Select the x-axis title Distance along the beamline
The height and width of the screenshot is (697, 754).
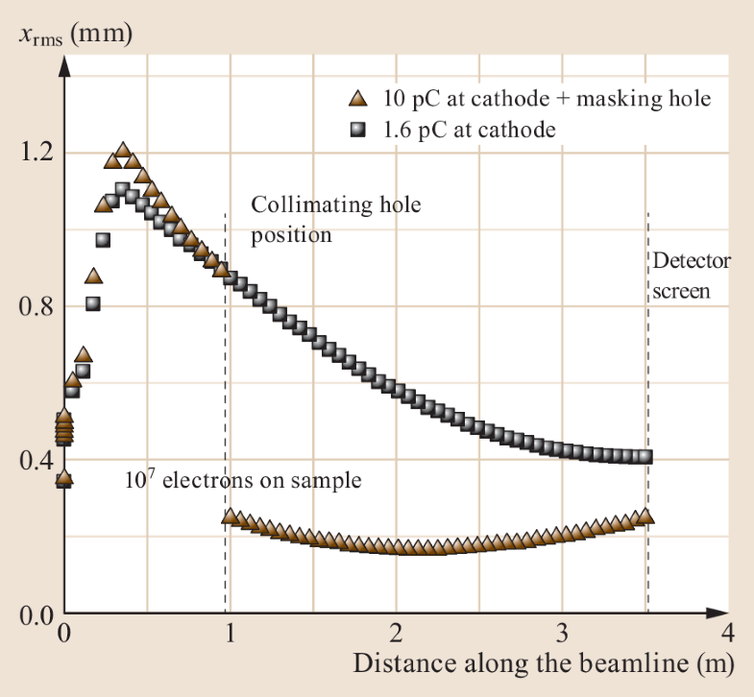(543, 663)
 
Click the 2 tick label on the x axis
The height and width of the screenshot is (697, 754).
(395, 634)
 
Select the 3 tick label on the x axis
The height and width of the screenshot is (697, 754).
(561, 634)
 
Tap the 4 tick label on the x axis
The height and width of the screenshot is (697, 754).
(727, 634)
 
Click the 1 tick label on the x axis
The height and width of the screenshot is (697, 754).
(230, 634)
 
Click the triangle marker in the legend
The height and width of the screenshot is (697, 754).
(357, 98)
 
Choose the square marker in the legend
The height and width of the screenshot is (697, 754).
(357, 129)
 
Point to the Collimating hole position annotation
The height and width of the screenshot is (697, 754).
(336, 219)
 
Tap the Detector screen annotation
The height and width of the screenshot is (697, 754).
(692, 276)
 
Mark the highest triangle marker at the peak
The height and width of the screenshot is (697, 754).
(122, 151)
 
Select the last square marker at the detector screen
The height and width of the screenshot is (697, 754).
(645, 457)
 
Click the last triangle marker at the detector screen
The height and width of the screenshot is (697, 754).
(645, 517)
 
